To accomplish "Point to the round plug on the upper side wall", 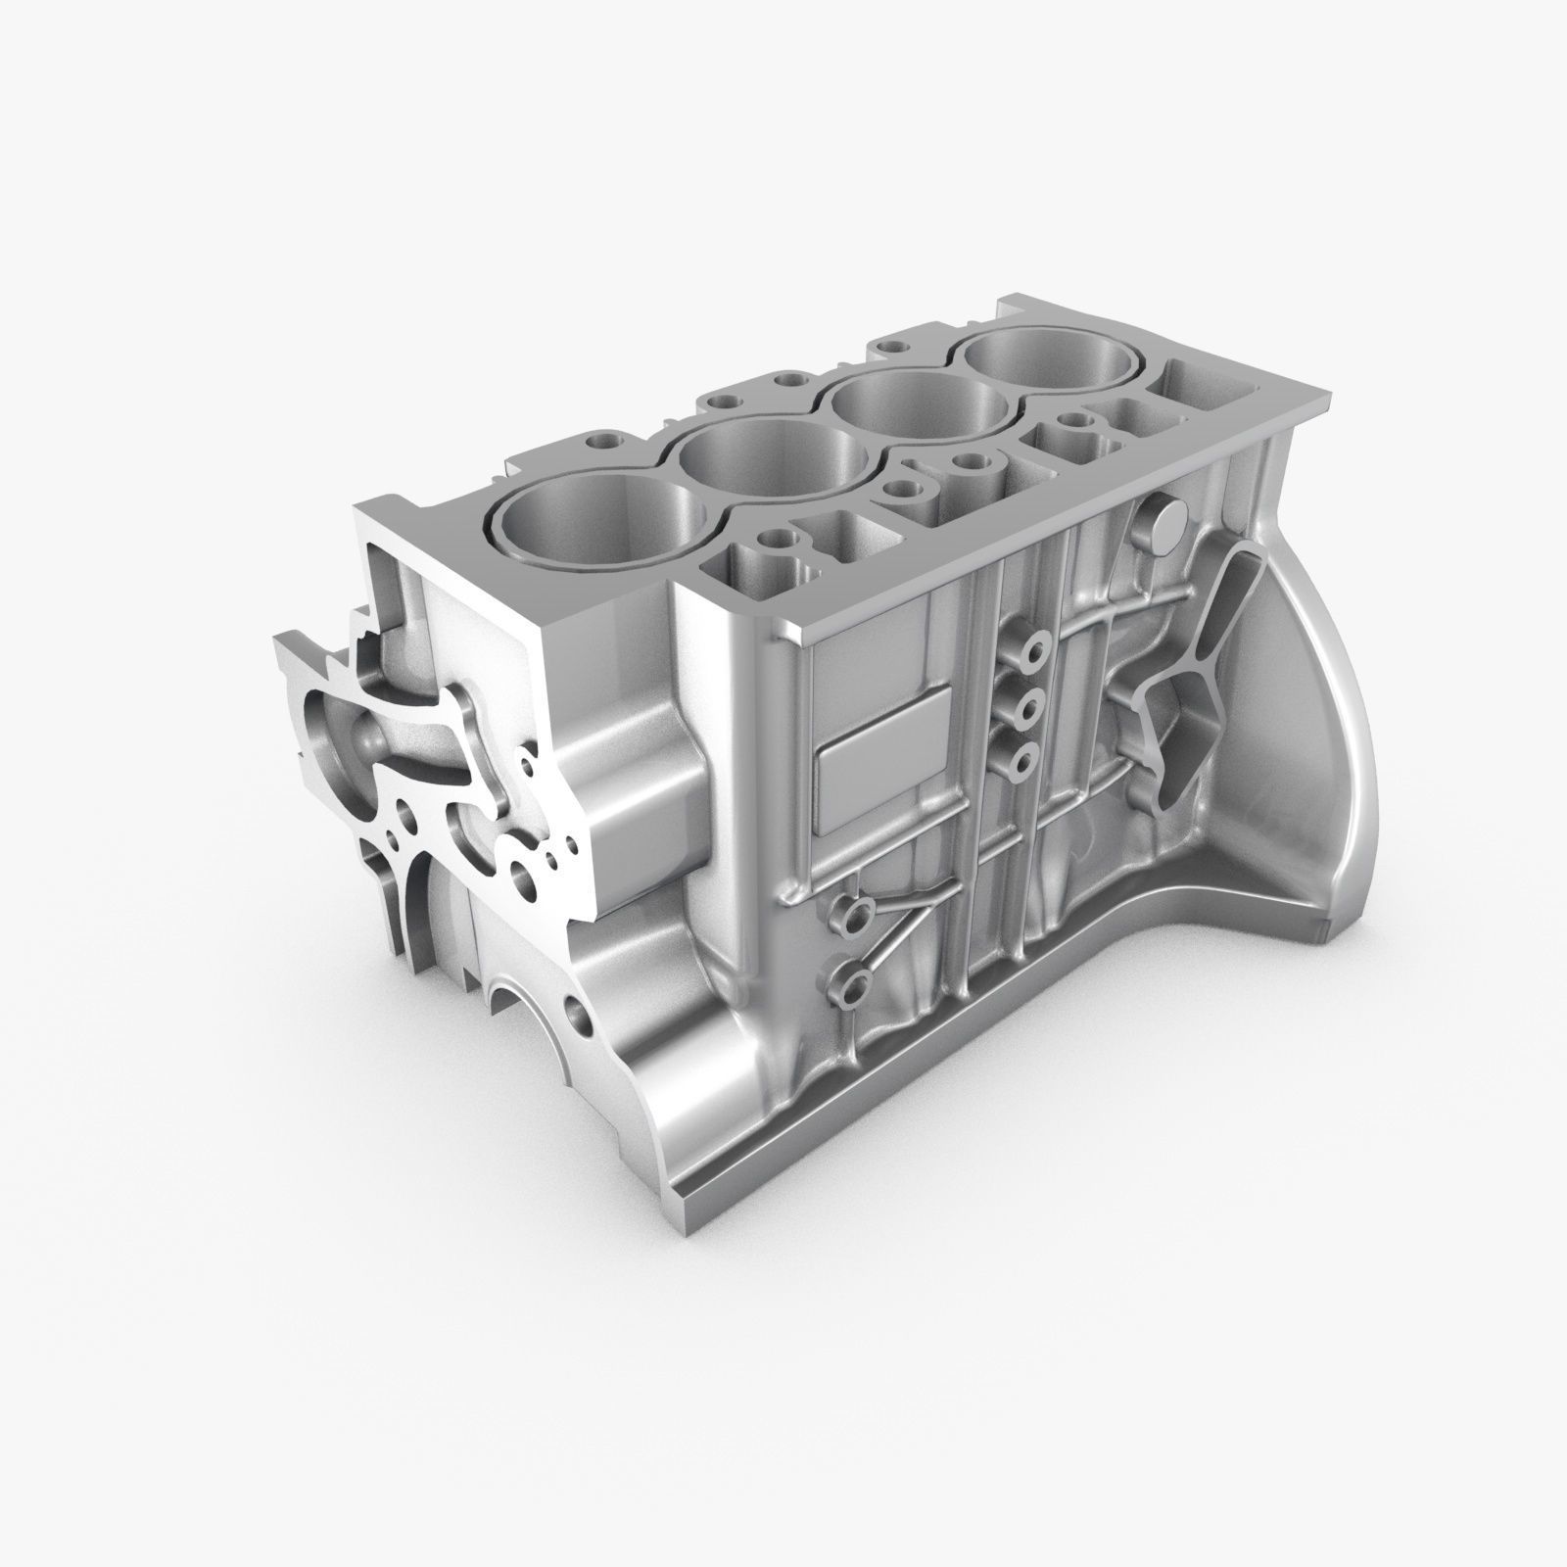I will tap(1163, 526).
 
